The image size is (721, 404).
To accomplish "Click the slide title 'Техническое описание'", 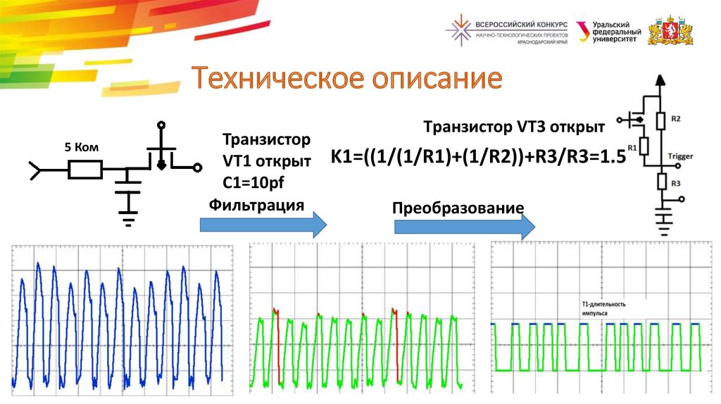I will click(348, 79).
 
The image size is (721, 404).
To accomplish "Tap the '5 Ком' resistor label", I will click(82, 147).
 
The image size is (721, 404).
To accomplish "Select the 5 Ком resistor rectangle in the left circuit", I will click(85, 169).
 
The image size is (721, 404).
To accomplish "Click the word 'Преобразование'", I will click(458, 208).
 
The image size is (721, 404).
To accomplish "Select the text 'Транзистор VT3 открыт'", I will click(513, 127).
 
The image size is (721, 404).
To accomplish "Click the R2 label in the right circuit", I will click(675, 119).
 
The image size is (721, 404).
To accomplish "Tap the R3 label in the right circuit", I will click(675, 183).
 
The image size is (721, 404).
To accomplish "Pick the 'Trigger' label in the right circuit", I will click(680, 156).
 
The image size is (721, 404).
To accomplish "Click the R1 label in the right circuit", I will click(632, 147).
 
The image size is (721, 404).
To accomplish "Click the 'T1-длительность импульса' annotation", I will click(598, 308).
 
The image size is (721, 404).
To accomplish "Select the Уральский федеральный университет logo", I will click(608, 32).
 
